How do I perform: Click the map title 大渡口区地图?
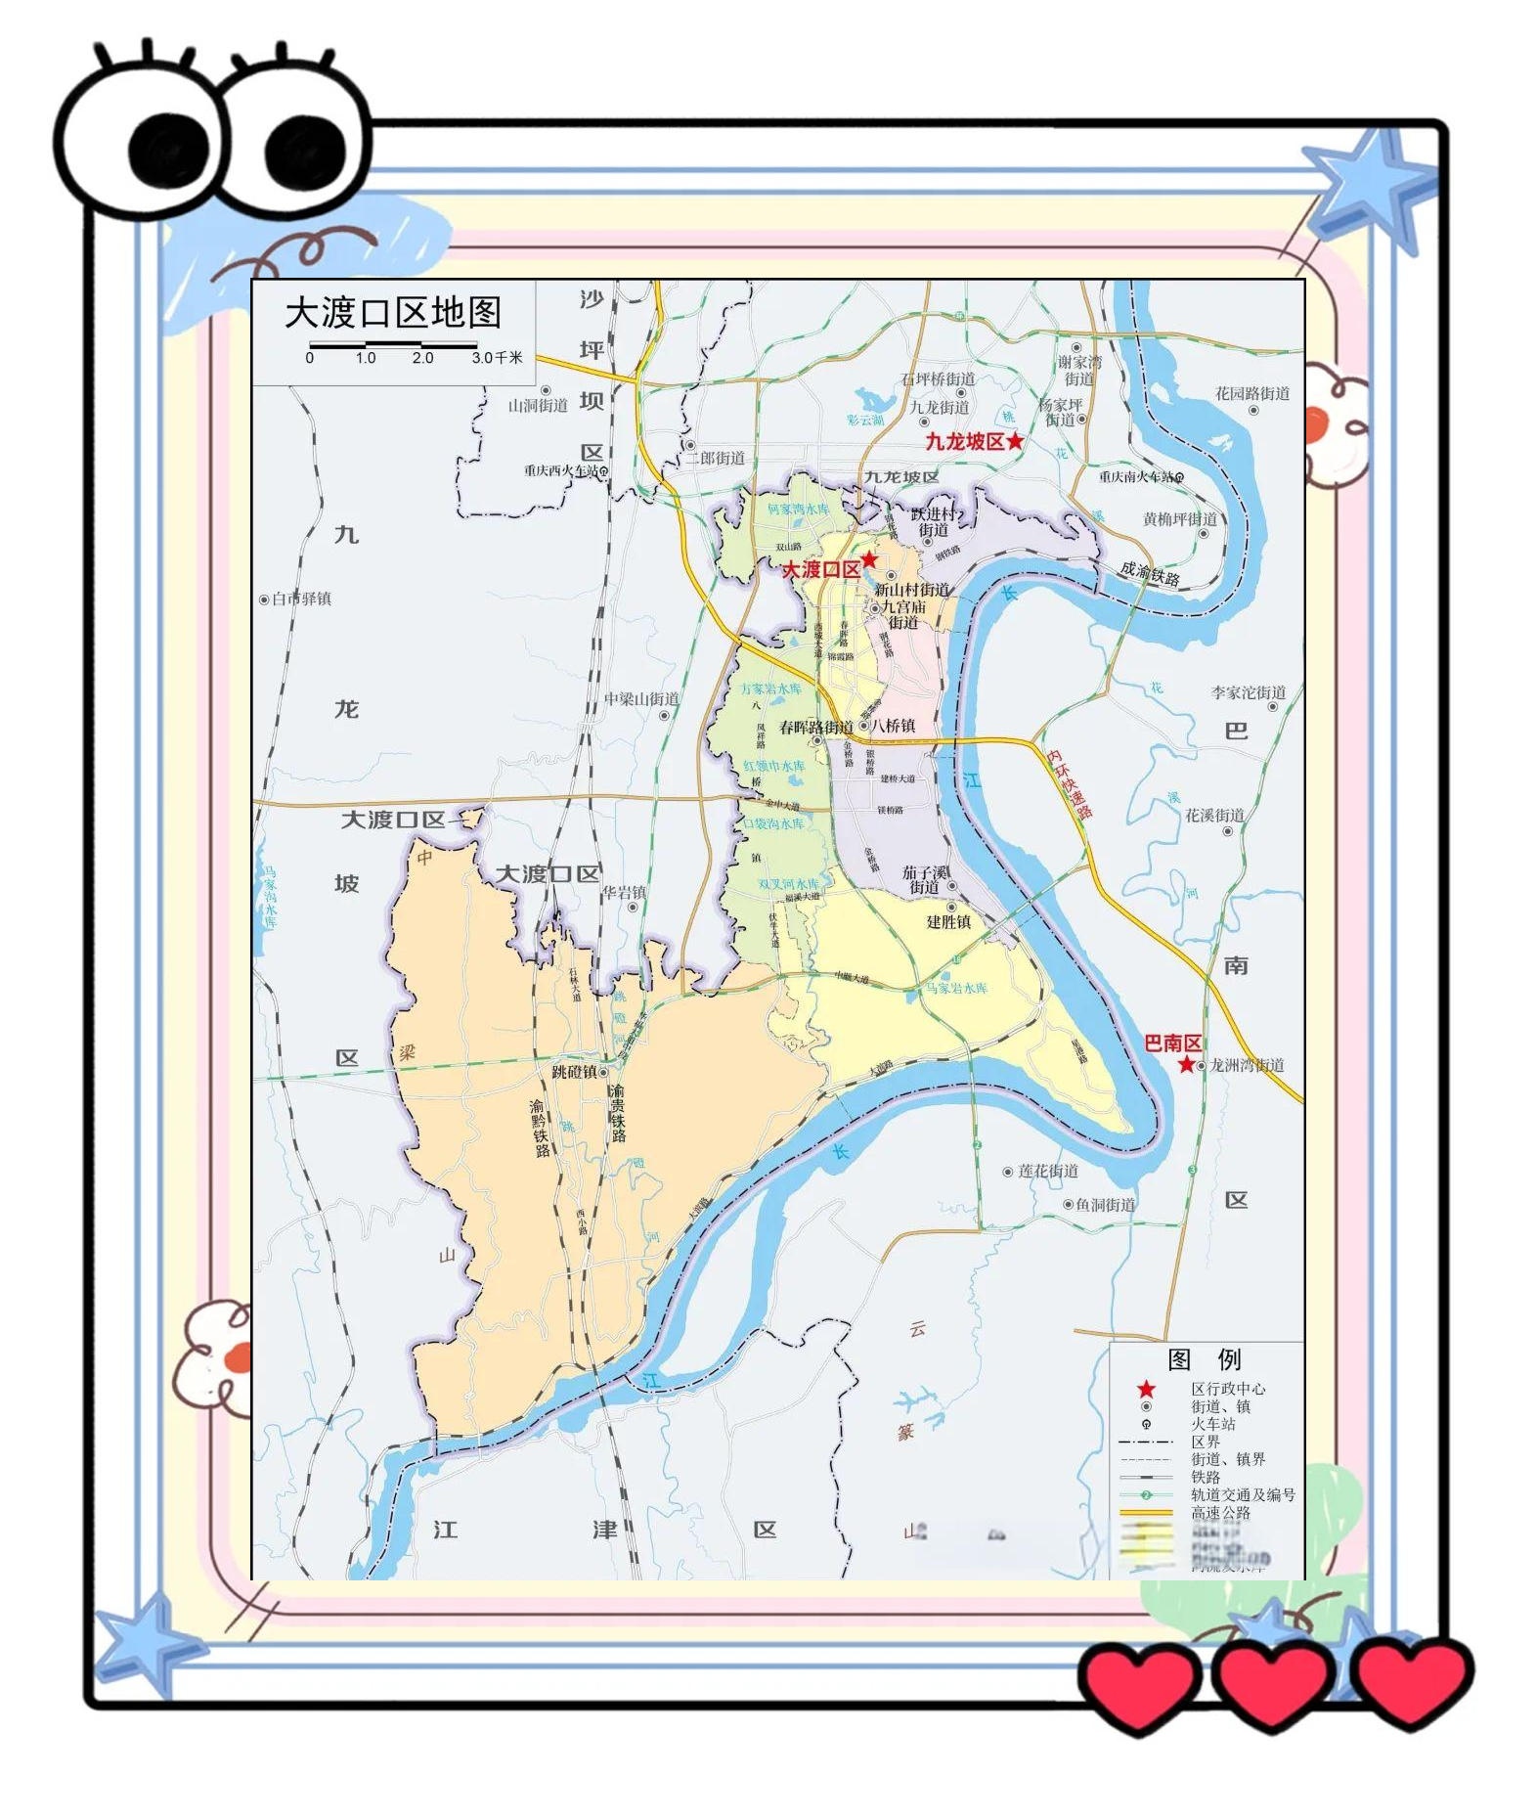(393, 313)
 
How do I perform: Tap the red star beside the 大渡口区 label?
(868, 560)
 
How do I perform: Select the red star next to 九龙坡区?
(1015, 441)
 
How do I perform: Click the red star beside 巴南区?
(1186, 1064)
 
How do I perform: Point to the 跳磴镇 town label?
(574, 1072)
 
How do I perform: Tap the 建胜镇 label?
(948, 921)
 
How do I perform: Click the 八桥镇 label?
(894, 726)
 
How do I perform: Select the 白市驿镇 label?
(301, 599)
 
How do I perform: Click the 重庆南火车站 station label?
(1135, 477)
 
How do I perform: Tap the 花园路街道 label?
(1252, 393)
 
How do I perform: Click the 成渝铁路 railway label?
(1150, 573)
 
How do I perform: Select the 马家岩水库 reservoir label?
(956, 989)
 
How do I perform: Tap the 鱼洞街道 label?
(1106, 1204)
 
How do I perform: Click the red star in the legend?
(1146, 1389)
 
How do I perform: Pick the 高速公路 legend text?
(1220, 1512)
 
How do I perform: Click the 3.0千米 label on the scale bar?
(497, 358)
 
